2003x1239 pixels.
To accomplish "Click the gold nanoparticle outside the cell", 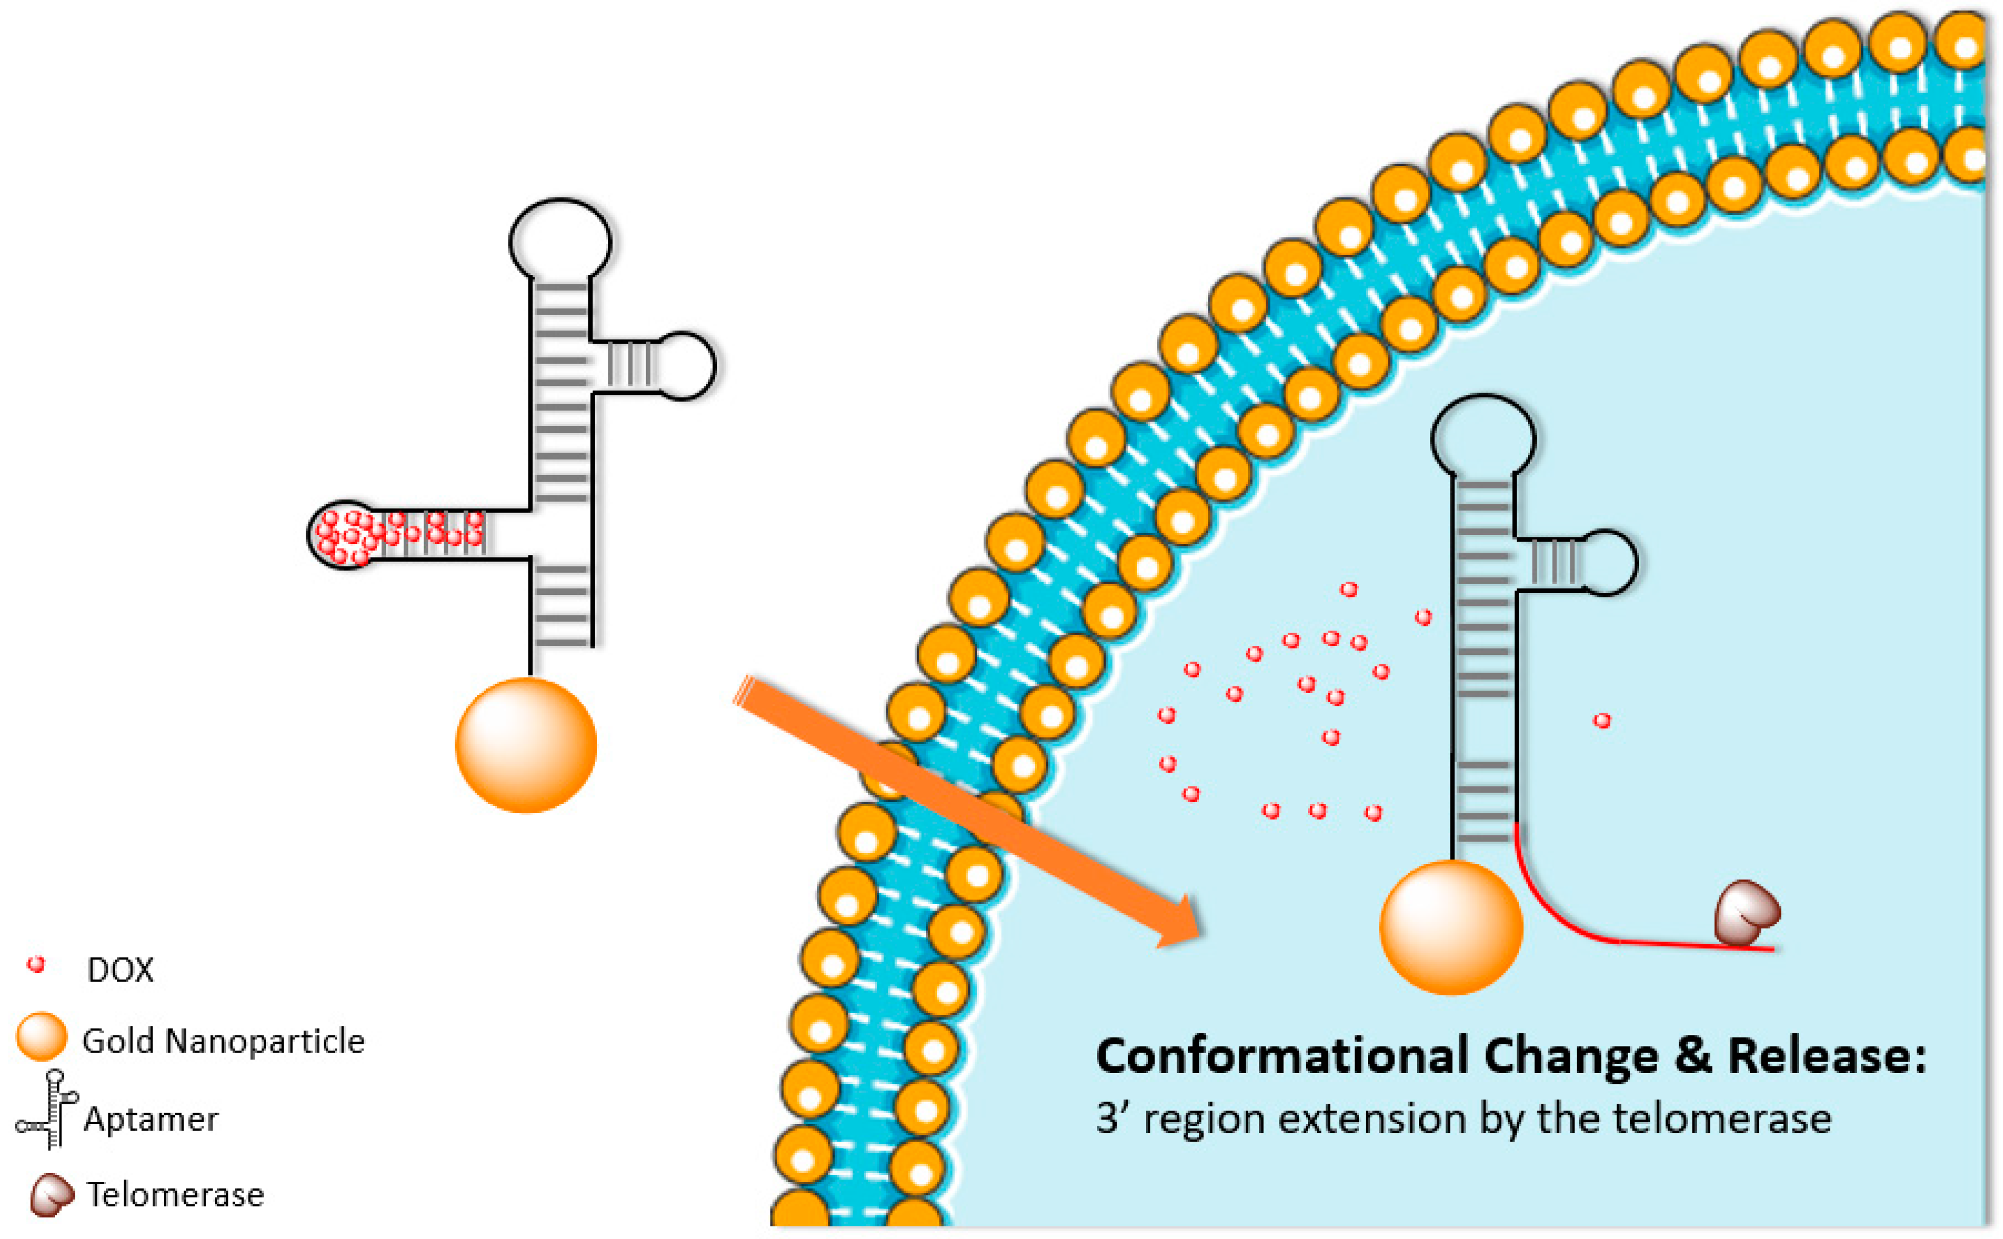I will coord(526,745).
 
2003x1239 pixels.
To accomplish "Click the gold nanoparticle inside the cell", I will coord(1451,927).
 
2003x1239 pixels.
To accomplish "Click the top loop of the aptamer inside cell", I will coord(1483,438).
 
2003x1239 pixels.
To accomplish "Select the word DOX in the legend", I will coord(120,970).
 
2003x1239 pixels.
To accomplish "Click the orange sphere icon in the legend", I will coord(41,1037).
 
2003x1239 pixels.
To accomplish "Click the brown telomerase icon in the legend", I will coord(51,1195).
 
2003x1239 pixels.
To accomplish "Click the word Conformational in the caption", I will coord(1282,1056).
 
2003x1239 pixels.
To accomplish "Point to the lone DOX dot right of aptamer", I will coord(1602,720).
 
